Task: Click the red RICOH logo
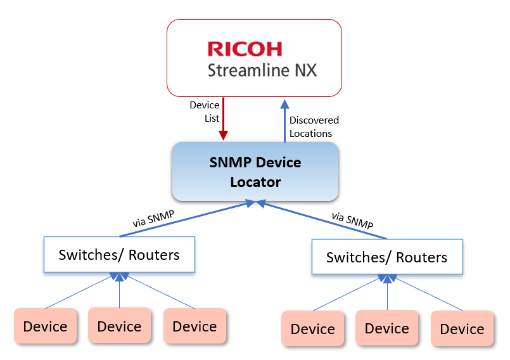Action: tap(245, 49)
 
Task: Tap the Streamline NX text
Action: tap(262, 70)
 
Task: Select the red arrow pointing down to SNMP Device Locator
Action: tap(223, 120)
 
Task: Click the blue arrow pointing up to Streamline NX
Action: tap(284, 120)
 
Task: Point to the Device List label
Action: tap(205, 112)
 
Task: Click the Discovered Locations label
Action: tap(314, 127)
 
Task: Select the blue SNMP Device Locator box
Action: tap(255, 171)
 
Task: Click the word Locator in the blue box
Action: tap(255, 183)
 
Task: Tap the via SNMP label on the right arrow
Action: tap(352, 221)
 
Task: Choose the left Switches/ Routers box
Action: tap(119, 255)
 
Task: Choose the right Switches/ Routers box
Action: tap(386, 257)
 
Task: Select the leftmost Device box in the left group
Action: tap(45, 326)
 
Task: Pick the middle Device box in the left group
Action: tap(119, 326)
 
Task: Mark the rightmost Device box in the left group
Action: tap(194, 326)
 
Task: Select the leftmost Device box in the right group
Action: tap(312, 329)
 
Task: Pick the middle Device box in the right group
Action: tap(386, 328)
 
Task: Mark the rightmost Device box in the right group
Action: tap(462, 329)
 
